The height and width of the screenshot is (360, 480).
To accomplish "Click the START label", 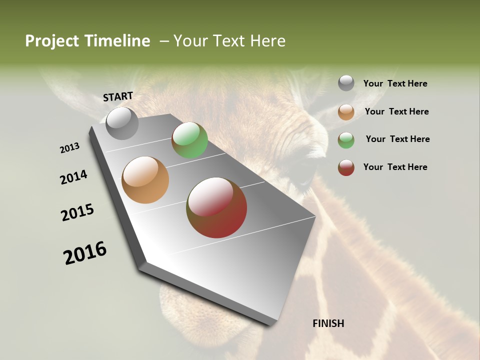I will (118, 96).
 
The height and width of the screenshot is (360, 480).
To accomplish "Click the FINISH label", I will (328, 323).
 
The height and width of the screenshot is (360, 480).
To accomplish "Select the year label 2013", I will (70, 148).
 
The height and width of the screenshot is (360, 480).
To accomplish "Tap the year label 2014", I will (74, 177).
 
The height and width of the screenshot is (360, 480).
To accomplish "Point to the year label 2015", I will (77, 212).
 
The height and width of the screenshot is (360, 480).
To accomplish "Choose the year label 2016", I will (85, 253).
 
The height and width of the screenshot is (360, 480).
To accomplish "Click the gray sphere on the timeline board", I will (122, 123).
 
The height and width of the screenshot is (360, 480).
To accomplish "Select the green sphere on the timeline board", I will (189, 140).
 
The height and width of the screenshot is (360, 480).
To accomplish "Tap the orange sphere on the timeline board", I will (145, 180).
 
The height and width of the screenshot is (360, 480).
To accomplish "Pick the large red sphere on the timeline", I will (216, 207).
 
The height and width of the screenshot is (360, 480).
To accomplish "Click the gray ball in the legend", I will (346, 83).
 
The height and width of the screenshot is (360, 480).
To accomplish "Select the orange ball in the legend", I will (346, 112).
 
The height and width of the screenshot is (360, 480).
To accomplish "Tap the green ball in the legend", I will (346, 139).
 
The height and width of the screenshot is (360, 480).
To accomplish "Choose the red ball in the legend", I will (346, 167).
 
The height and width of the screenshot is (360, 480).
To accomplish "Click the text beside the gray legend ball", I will (395, 84).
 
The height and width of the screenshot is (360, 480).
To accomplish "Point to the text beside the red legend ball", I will (395, 167).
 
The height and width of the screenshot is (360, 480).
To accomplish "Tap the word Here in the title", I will (267, 41).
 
